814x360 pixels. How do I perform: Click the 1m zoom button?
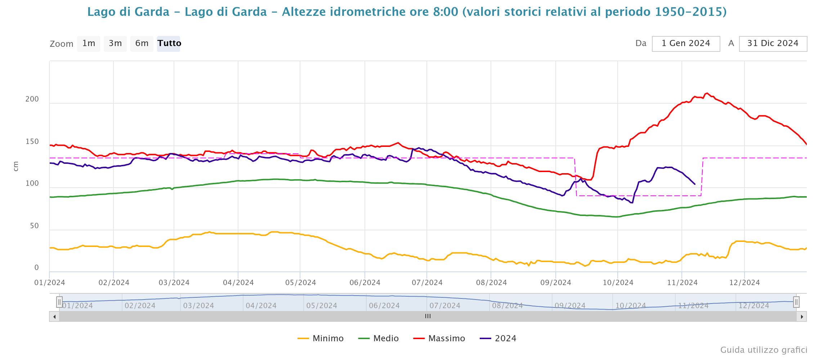[89, 44]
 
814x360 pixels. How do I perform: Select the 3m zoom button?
[115, 44]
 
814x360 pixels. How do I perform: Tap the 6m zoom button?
[142, 44]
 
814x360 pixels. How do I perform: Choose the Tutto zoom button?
[169, 44]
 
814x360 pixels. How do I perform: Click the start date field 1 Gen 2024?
[686, 44]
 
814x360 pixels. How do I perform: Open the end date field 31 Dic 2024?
[773, 44]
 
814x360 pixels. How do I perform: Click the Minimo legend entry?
[321, 338]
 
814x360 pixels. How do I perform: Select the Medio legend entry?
[379, 338]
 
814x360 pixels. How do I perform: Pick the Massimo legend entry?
[439, 338]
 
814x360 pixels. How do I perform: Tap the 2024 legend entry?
[498, 338]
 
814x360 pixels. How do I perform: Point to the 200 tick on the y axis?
[32, 99]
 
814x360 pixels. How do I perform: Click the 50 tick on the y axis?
[34, 226]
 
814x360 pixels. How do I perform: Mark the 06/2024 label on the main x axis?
[365, 283]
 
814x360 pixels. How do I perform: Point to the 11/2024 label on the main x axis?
[682, 283]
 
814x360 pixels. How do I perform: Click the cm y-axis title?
[15, 166]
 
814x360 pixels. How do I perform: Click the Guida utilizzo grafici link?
[764, 350]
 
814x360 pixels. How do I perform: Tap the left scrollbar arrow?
[54, 317]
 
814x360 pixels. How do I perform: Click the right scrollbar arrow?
[802, 317]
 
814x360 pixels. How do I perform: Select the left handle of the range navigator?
[59, 302]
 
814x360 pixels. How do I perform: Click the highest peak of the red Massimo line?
[707, 93]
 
